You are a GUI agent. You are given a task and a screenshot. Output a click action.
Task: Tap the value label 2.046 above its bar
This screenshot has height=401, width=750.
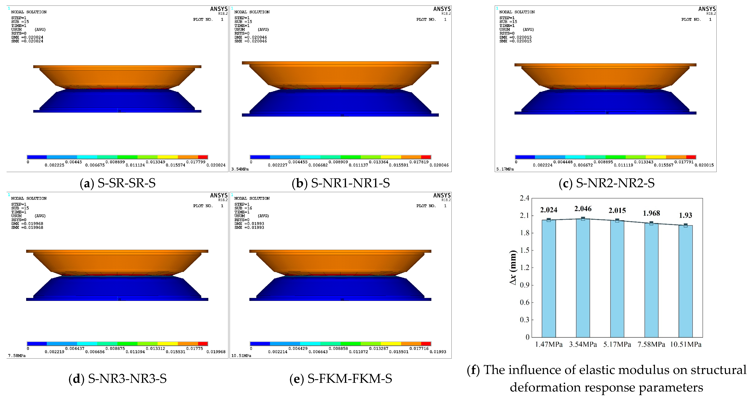tap(583, 209)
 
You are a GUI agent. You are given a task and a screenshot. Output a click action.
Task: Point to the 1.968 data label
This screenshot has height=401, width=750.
tap(651, 213)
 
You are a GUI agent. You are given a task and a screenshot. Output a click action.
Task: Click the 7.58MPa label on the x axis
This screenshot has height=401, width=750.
tap(651, 345)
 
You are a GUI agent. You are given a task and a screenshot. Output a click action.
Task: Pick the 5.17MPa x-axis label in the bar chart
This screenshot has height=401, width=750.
tap(617, 345)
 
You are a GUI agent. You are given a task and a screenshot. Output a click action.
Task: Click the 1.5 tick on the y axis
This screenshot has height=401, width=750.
tap(525, 250)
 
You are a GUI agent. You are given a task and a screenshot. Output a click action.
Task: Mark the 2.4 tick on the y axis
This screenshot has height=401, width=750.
tap(525, 198)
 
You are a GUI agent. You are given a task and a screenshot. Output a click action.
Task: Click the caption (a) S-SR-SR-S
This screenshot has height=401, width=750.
tap(118, 183)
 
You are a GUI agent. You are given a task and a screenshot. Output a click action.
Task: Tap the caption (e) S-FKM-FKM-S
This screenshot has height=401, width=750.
tap(341, 379)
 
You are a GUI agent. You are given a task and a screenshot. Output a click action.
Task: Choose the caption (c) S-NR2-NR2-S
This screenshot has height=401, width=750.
tap(607, 183)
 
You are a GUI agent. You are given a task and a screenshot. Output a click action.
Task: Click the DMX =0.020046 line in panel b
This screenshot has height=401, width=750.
tap(251, 37)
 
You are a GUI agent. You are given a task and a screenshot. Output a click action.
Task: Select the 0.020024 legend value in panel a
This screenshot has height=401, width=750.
tap(216, 165)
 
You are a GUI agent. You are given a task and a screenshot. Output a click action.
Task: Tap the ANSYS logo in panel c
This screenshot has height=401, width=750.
tap(707, 9)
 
